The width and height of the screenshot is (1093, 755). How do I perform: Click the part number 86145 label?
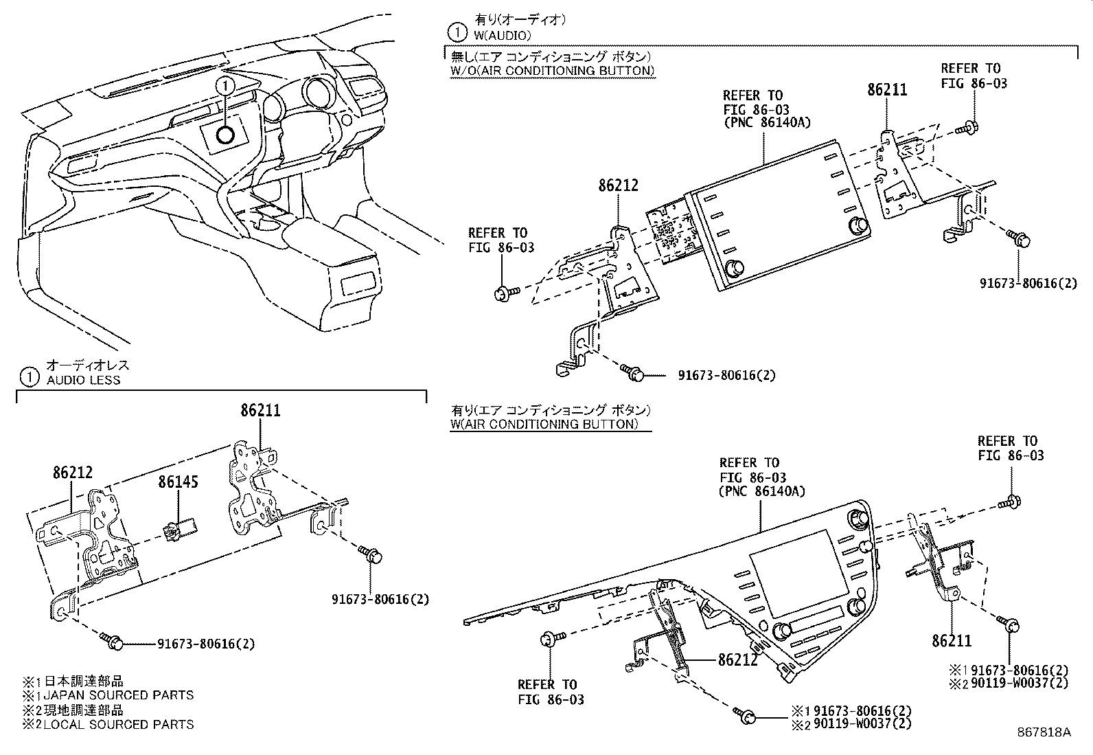178,482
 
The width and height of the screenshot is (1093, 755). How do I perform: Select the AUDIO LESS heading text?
83,380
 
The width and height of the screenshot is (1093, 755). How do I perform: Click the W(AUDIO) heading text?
503,34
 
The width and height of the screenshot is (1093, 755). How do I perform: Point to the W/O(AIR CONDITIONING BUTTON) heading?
552,70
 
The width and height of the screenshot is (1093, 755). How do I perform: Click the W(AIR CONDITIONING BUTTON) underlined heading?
544,424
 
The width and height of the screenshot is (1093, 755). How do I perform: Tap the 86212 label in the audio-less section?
72,473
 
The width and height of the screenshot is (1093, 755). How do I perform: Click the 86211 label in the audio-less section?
260,411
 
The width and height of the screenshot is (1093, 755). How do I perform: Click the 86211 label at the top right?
886,89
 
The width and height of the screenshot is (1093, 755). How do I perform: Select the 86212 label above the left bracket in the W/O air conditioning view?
618,185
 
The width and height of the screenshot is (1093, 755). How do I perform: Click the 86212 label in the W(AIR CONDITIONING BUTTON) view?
738,660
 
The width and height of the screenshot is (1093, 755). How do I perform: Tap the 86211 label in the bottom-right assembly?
952,641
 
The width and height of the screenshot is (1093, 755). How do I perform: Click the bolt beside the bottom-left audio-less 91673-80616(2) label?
111,640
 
